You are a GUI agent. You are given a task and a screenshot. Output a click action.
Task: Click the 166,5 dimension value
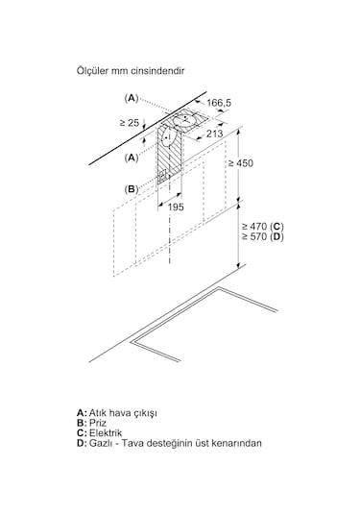(x=219, y=103)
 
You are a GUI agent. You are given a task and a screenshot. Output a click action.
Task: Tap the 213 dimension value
(x=214, y=134)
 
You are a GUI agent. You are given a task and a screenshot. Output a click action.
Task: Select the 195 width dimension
(x=176, y=208)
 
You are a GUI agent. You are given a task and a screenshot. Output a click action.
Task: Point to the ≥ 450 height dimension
(x=241, y=163)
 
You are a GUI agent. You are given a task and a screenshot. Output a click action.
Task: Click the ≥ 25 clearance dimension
(x=130, y=123)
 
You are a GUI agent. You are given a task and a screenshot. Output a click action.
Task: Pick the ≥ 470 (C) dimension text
(x=263, y=226)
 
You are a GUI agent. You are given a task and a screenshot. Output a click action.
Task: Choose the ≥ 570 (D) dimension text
(x=263, y=236)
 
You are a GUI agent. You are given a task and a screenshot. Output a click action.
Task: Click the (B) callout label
(x=132, y=189)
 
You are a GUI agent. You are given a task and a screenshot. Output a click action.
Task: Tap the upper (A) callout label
(x=132, y=98)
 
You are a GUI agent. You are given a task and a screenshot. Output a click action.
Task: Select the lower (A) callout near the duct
(x=132, y=158)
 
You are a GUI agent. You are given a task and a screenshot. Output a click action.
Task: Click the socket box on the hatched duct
(x=162, y=177)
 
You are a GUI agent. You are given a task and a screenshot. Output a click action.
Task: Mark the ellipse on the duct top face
(x=185, y=122)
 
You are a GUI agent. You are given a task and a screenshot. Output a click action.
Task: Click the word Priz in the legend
(x=98, y=423)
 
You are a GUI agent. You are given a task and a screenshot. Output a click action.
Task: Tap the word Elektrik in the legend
(x=106, y=432)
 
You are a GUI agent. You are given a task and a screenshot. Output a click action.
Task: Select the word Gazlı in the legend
(x=100, y=443)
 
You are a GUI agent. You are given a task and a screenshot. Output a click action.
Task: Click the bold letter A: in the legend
(x=82, y=413)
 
